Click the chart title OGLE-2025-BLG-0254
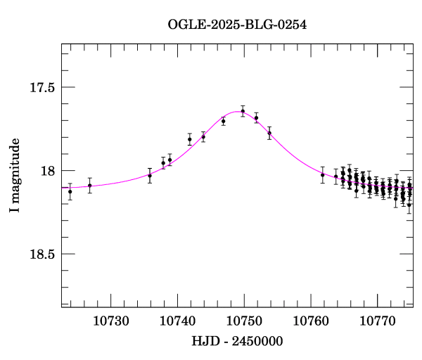coord(237,25)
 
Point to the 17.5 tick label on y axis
coord(42,88)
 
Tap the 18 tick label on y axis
coord(48,171)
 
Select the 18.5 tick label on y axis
coord(42,254)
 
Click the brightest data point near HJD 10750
coord(243,111)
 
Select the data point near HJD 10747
coord(223,121)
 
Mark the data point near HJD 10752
coord(256,118)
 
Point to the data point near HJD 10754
coord(269,133)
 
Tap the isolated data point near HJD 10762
coord(323,175)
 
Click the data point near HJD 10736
coord(150,175)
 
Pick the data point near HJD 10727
coord(89,186)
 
